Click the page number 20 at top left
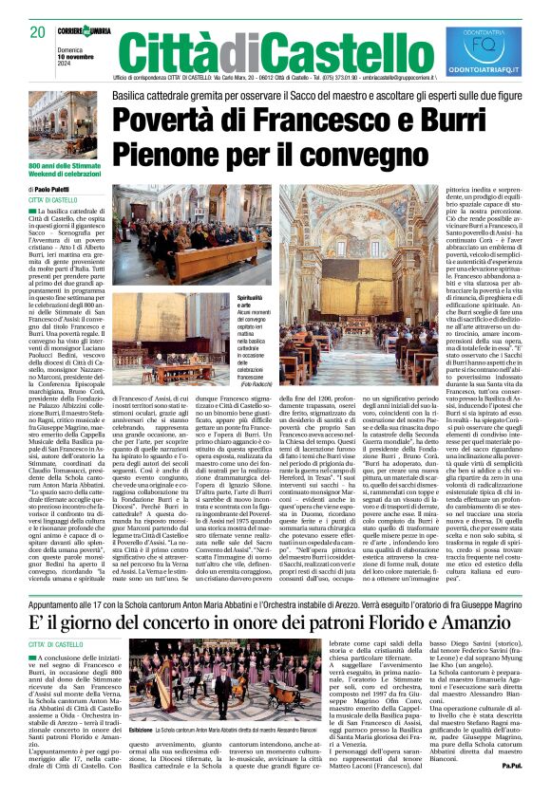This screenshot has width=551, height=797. (39, 32)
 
